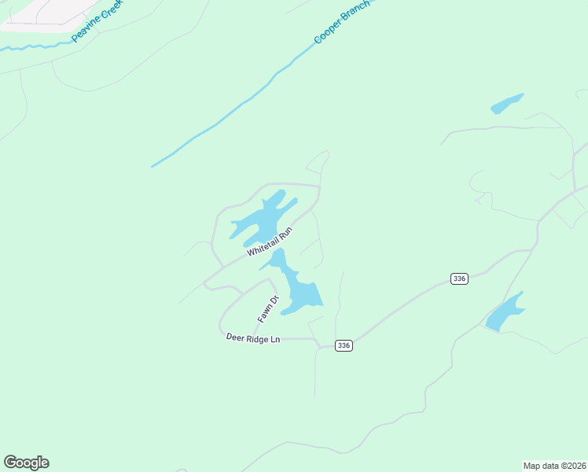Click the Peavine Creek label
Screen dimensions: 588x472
[97, 21]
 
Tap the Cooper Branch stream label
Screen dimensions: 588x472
[341, 20]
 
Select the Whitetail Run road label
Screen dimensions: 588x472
[270, 242]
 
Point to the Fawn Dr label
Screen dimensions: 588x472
[268, 309]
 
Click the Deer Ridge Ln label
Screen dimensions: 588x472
[253, 338]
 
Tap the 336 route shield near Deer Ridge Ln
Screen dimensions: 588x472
[343, 345]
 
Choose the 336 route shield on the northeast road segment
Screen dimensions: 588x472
[460, 278]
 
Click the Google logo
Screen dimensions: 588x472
[26, 463]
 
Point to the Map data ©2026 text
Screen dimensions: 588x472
[553, 465]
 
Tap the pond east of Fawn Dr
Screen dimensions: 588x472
[300, 291]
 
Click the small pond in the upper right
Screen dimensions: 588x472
[506, 104]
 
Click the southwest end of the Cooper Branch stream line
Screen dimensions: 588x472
[153, 166]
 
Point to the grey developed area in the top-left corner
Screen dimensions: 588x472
[31, 12]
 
